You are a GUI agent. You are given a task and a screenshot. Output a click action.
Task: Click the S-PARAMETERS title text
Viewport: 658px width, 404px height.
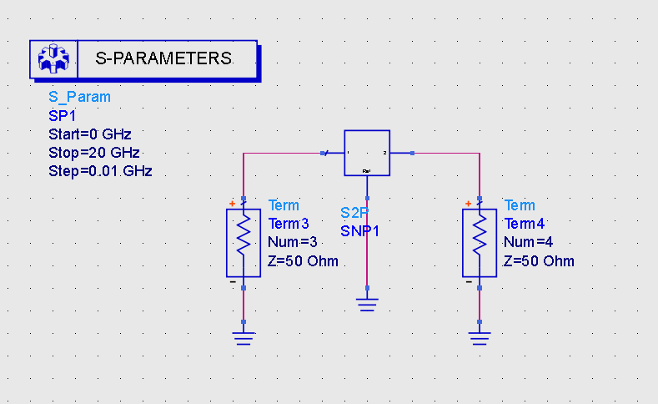[x=163, y=59]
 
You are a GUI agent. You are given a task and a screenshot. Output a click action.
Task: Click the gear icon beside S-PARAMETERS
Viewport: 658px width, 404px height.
[x=53, y=59]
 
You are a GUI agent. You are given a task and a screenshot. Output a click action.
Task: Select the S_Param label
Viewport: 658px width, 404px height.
[x=79, y=97]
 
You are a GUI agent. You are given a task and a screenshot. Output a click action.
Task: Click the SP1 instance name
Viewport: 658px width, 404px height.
[x=63, y=115]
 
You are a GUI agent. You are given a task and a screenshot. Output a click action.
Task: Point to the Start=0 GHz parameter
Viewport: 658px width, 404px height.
[x=90, y=134]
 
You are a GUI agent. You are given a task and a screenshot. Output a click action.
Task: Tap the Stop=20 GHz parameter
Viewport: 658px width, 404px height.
[x=93, y=153]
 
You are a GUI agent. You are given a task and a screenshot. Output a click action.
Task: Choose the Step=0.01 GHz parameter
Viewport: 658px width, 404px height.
[x=100, y=172]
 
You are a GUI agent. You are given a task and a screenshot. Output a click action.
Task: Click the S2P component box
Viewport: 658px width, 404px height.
[x=367, y=153]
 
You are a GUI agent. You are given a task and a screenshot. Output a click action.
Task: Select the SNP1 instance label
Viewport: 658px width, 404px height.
[x=359, y=231]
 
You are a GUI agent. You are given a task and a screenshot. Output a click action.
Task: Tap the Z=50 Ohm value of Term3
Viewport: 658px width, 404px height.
[x=303, y=261]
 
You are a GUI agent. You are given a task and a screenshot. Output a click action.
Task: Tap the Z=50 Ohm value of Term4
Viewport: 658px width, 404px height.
[x=539, y=261]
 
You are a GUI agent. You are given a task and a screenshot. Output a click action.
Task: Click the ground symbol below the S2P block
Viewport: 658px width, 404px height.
[x=367, y=304]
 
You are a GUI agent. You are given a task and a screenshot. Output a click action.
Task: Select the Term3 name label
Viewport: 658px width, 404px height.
[x=289, y=224]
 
